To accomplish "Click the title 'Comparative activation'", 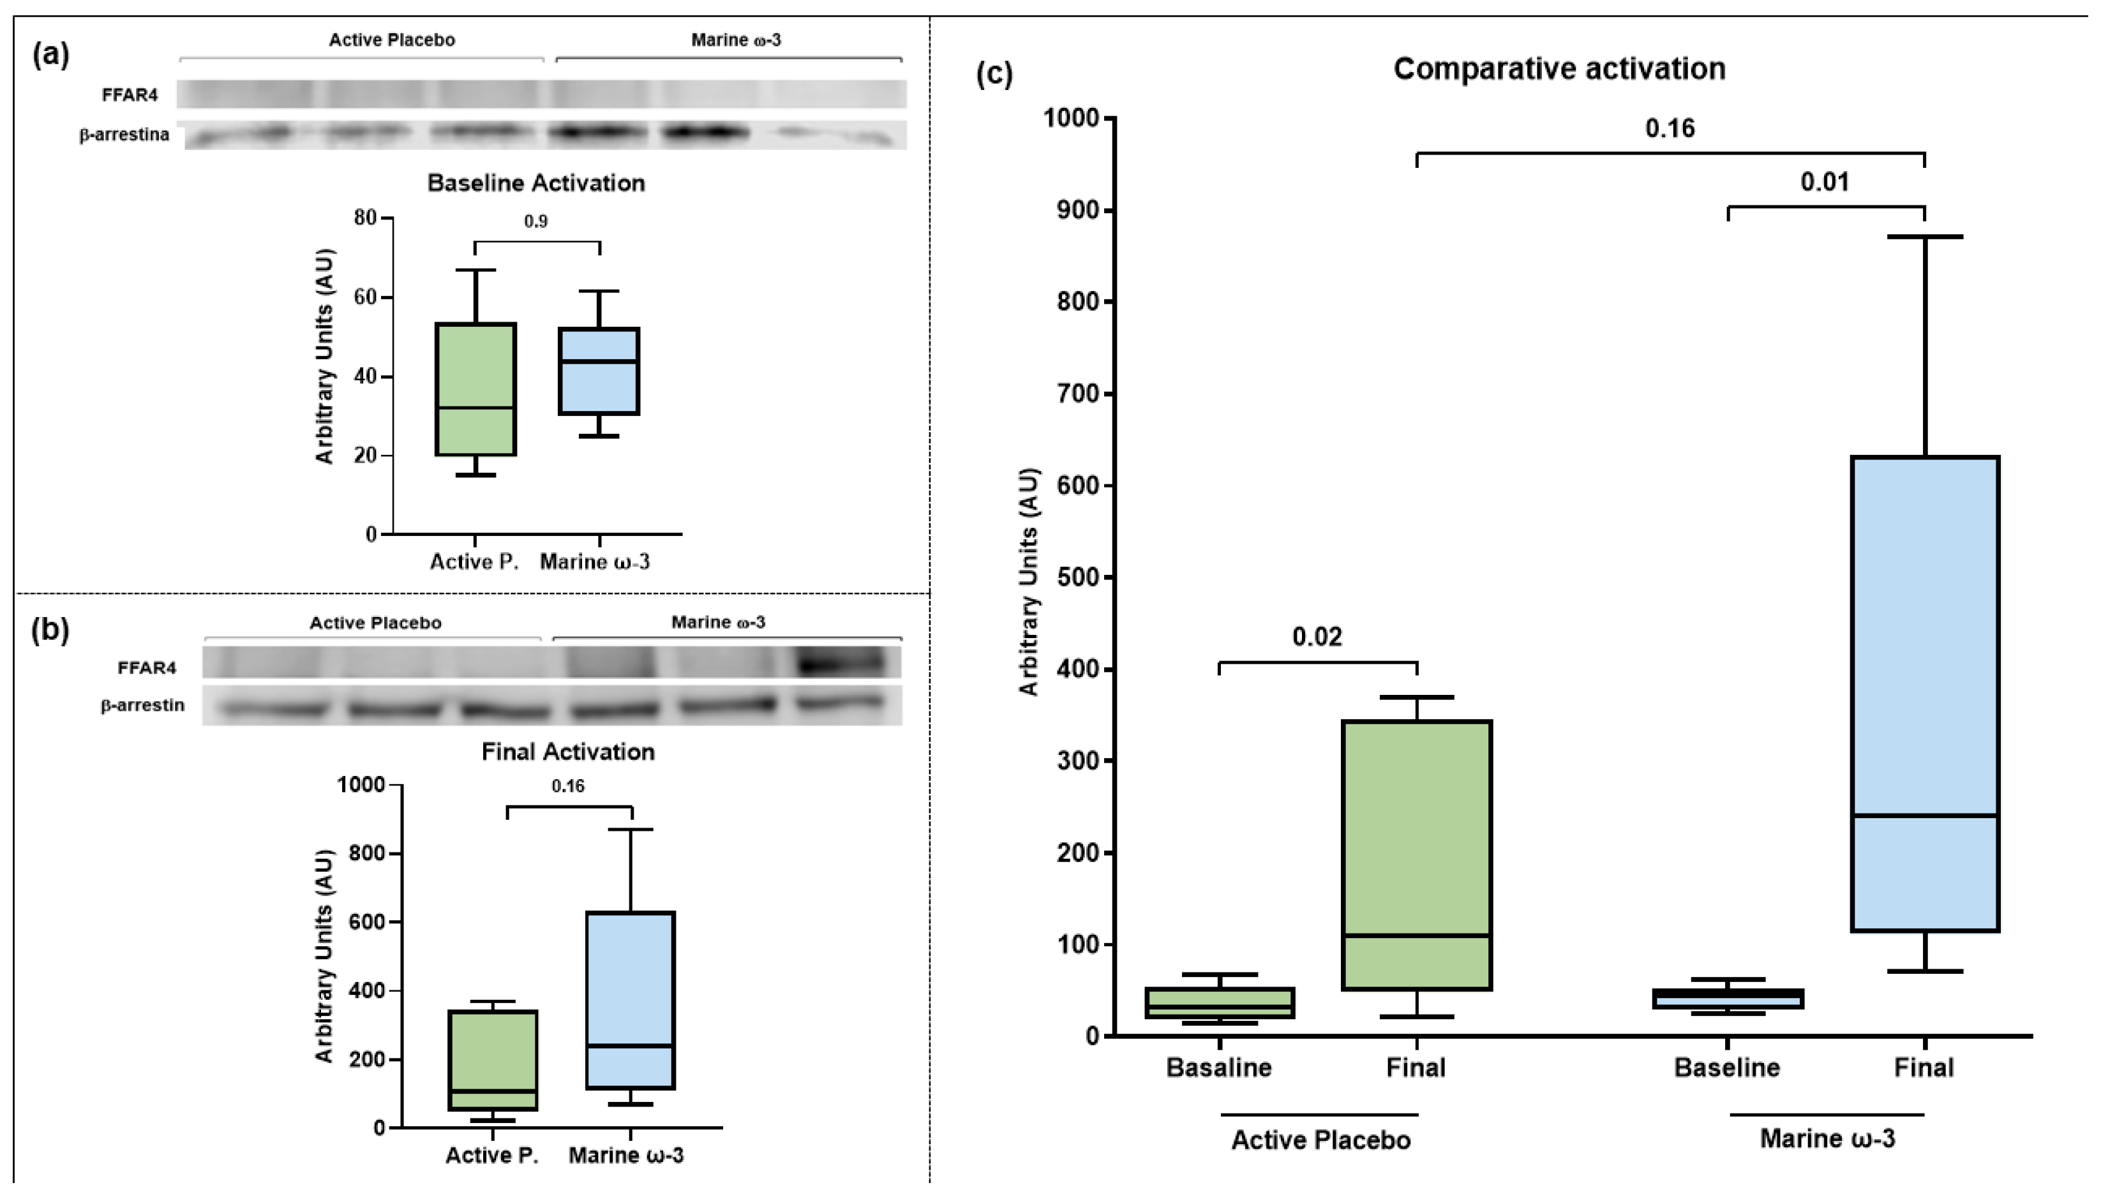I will tap(1559, 68).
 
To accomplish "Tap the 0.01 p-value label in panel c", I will tap(1823, 181).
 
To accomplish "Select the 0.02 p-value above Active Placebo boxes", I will tap(1316, 637).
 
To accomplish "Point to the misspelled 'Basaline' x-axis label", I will tap(1218, 1068).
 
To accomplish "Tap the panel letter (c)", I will tap(994, 74).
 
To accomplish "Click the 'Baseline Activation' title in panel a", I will tap(535, 182).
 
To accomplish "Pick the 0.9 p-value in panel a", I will tap(535, 221).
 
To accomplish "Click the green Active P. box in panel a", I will tap(475, 389).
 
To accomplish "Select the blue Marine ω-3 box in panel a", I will tap(599, 371).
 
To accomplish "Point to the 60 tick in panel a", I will tap(365, 297).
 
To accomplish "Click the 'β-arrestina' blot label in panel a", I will tap(124, 134).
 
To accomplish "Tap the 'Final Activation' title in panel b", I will tap(567, 752).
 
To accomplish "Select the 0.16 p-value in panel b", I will tap(567, 786).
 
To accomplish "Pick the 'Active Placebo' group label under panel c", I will tap(1320, 1140).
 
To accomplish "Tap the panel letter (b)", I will tap(49, 630).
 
